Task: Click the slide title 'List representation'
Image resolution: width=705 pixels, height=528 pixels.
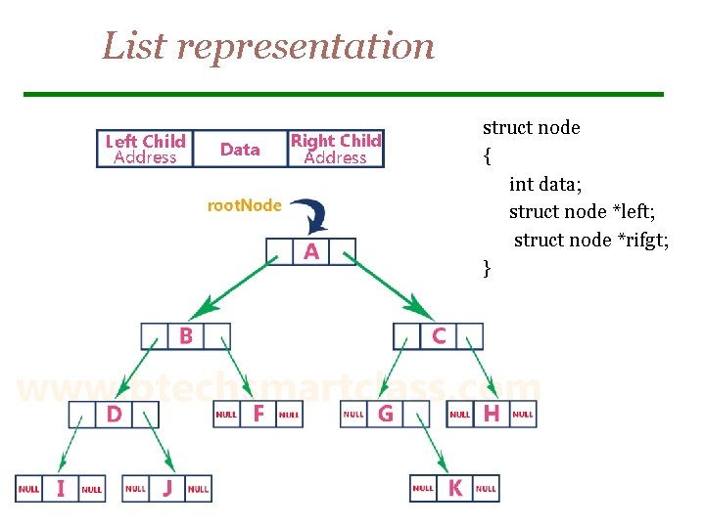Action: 268,46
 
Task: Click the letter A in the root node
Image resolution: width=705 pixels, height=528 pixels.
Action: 311,252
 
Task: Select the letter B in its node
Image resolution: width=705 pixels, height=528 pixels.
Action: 185,336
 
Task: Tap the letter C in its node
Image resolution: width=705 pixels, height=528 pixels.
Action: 438,336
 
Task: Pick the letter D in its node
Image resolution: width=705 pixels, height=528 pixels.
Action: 114,415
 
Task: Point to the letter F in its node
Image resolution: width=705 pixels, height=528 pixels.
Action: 258,415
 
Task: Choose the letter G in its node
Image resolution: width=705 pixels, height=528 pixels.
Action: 385,415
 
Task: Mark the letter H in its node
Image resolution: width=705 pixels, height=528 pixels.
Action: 491,415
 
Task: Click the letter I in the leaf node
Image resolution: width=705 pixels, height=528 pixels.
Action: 61,488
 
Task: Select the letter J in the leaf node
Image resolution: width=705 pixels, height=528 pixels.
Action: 166,488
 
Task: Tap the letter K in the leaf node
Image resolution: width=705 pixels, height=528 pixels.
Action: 454,488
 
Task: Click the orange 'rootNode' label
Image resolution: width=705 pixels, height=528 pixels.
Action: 244,205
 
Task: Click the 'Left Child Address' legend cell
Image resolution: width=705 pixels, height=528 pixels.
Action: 145,149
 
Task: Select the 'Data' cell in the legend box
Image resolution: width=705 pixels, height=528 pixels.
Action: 240,149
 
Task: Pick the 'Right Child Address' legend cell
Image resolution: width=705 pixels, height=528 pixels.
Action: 335,149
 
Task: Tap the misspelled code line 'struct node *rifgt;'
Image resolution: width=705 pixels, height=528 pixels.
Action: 591,240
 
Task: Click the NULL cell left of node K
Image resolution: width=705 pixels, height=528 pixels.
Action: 423,488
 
